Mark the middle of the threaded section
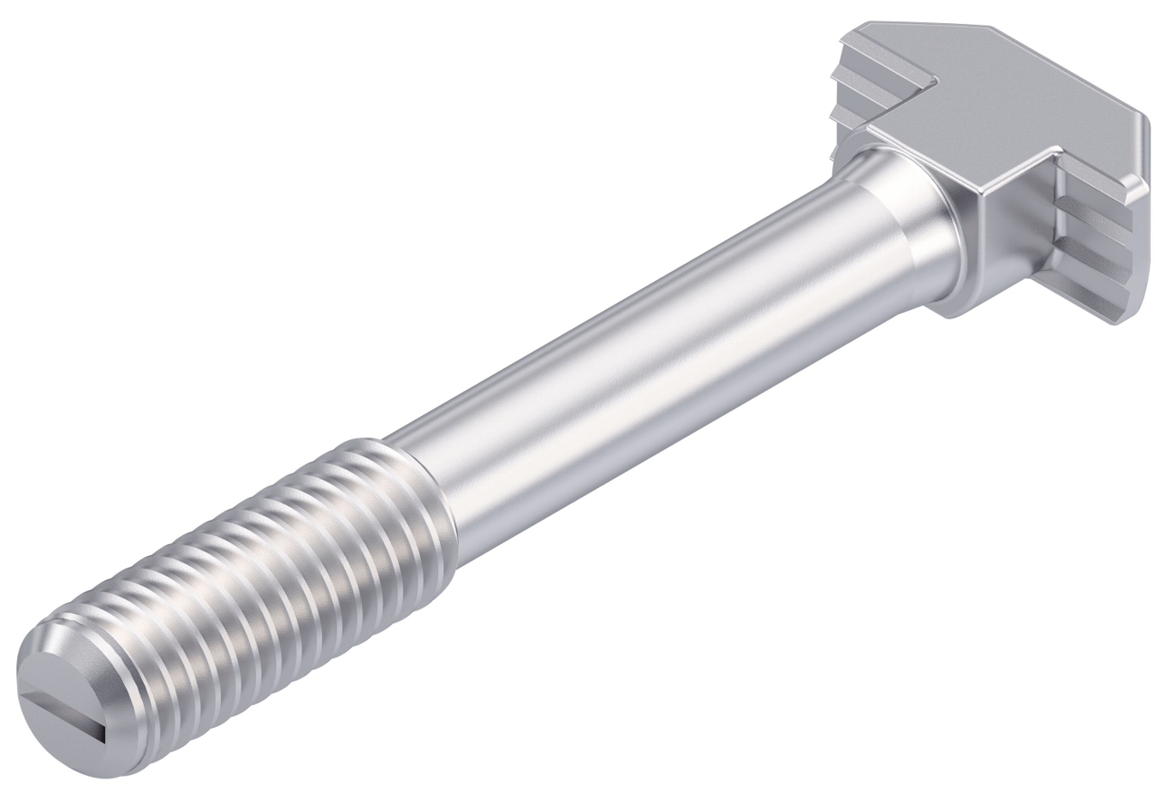coord(257,582)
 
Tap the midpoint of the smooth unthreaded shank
coord(651,343)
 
